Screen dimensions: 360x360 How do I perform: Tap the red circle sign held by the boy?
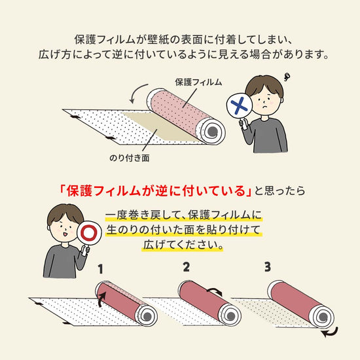tap(88, 234)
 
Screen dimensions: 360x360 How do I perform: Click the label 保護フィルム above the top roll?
tap(198, 82)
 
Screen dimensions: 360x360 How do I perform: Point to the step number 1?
tap(101, 268)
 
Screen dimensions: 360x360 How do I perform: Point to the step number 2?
tap(186, 267)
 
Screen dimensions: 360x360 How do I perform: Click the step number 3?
tap(267, 266)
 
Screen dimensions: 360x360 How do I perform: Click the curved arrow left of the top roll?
tap(136, 94)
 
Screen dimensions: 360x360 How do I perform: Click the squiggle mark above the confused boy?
tap(289, 77)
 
